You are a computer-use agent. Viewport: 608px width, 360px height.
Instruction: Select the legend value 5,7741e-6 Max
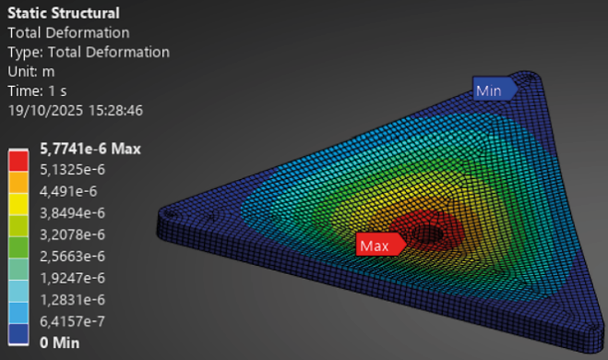(90, 150)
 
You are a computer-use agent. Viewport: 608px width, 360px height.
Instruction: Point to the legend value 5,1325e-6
(74, 171)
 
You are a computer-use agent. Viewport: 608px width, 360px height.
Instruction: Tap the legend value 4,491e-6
(70, 192)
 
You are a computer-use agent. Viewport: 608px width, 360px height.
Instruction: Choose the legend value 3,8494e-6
(75, 213)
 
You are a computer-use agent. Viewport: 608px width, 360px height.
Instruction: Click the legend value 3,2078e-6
(75, 234)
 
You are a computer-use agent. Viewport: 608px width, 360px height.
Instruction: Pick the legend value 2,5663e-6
(75, 256)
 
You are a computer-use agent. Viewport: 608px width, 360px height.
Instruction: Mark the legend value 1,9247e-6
(75, 277)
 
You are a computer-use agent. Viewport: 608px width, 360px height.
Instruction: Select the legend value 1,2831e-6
(74, 298)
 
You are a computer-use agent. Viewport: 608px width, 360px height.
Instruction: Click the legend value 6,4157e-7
(75, 319)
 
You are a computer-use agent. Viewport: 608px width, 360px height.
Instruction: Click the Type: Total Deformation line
(89, 52)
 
